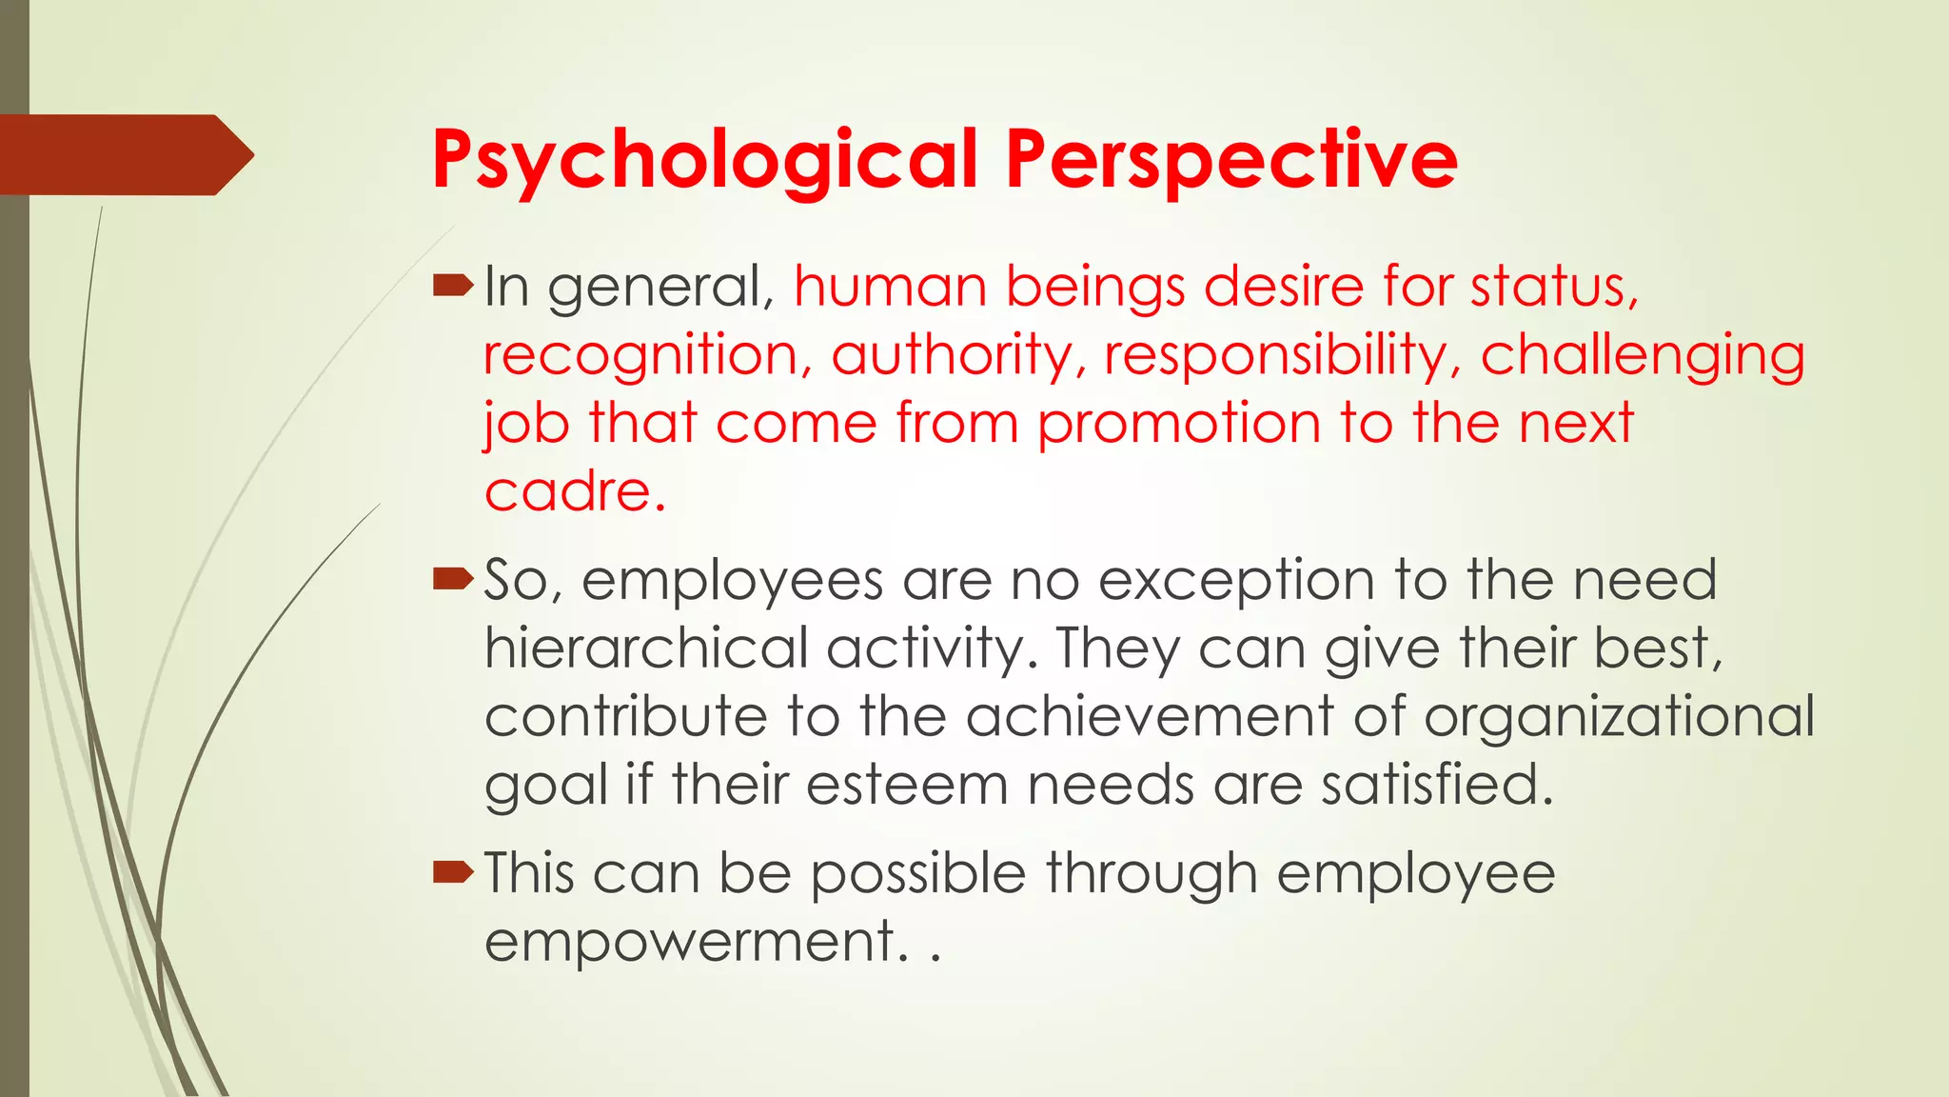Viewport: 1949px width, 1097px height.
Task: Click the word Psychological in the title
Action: pyautogui.click(x=705, y=160)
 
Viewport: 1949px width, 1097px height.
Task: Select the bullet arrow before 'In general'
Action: pyautogui.click(x=452, y=285)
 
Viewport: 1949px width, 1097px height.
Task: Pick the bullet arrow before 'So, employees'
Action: pyautogui.click(x=452, y=578)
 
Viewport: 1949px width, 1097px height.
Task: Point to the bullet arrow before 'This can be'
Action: pyautogui.click(x=452, y=871)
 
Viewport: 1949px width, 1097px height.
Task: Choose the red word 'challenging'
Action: pyautogui.click(x=1643, y=355)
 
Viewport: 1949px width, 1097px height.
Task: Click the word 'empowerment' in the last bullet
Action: pyautogui.click(x=690, y=942)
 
